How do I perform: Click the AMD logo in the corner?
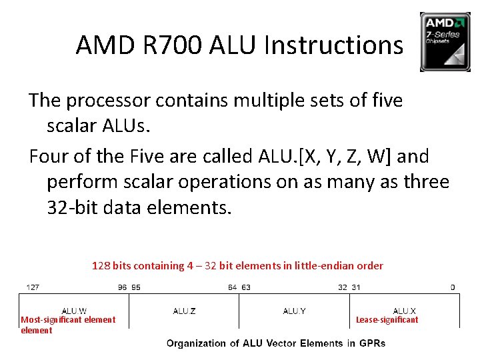tap(445, 41)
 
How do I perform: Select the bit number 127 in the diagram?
tap(33, 287)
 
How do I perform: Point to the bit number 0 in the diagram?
tap(453, 287)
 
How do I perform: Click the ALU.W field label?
tap(73, 311)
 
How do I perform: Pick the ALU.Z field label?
tap(184, 311)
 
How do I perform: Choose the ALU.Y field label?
tap(294, 311)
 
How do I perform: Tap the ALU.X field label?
tap(404, 311)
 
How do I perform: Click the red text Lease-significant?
tap(387, 320)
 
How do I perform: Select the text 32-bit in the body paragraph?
tap(71, 208)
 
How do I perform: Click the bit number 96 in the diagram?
tap(122, 287)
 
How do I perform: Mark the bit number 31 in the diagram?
tap(356, 287)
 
